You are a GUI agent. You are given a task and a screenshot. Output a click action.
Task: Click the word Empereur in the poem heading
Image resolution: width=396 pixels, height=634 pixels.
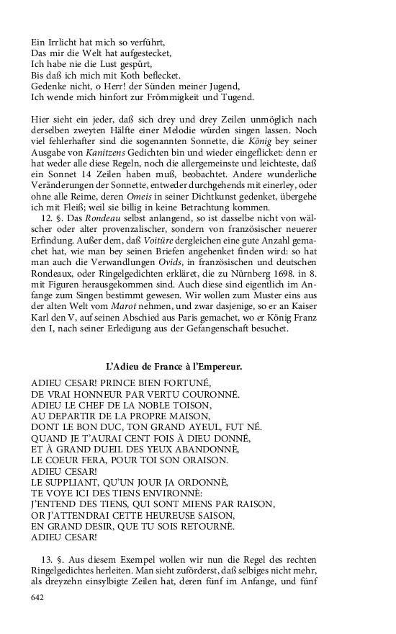tap(217, 367)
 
